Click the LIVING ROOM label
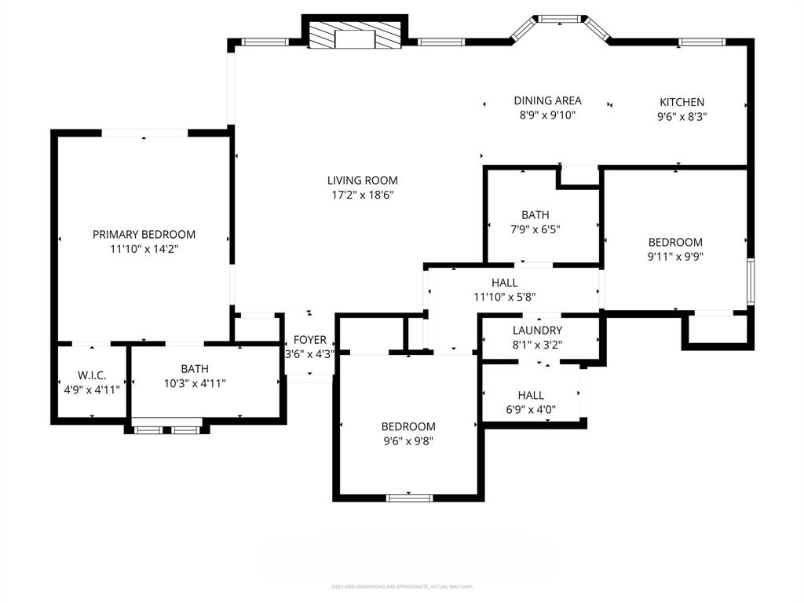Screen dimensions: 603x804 (363, 181)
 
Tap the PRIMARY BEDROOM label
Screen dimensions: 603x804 (144, 234)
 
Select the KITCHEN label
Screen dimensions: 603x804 (682, 102)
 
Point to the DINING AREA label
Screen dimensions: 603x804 (547, 100)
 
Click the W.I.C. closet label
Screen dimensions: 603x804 (92, 375)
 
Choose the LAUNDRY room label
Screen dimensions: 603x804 (537, 331)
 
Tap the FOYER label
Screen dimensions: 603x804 (310, 340)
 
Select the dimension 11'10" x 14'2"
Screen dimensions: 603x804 (144, 249)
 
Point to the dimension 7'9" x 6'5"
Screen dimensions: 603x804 (535, 229)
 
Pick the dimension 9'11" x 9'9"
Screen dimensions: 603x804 (674, 257)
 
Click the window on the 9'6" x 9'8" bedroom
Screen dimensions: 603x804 (410, 497)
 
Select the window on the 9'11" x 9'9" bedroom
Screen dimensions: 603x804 (751, 281)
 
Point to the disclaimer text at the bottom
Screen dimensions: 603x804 (402, 587)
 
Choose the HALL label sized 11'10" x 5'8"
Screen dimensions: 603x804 (505, 283)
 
